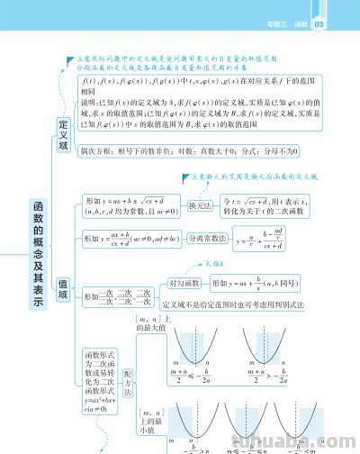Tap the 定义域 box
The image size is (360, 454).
tap(64, 134)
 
